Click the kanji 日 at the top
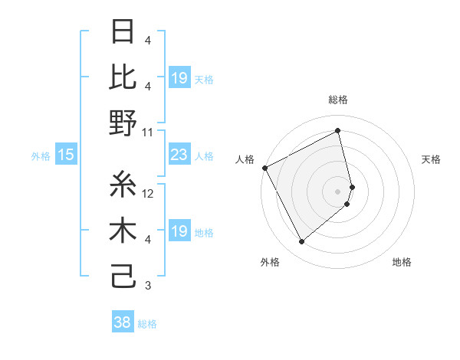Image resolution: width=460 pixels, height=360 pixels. point(124,32)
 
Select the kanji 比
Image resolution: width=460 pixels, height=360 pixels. point(124,77)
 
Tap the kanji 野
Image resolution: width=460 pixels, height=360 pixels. point(124,123)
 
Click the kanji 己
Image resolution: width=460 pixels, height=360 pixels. point(124,276)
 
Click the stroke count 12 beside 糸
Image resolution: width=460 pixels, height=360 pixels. point(149,194)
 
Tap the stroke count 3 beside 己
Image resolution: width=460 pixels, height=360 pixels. point(147,286)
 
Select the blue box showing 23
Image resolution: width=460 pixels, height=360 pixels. point(179,155)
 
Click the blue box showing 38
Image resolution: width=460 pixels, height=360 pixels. point(122,323)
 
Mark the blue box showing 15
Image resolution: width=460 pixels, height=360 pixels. point(66,155)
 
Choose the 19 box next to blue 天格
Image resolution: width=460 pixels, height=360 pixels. point(179,78)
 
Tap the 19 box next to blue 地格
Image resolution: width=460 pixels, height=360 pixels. point(179,232)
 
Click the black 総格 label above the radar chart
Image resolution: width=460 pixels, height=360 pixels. point(338,100)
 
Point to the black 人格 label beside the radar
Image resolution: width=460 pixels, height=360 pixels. point(245,159)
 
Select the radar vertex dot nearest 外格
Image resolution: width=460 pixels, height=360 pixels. point(302,242)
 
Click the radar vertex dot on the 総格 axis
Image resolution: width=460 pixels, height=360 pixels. point(338,131)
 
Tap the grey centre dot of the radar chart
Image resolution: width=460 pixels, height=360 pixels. point(338,191)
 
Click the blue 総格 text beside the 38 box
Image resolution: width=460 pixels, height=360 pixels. point(147,324)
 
